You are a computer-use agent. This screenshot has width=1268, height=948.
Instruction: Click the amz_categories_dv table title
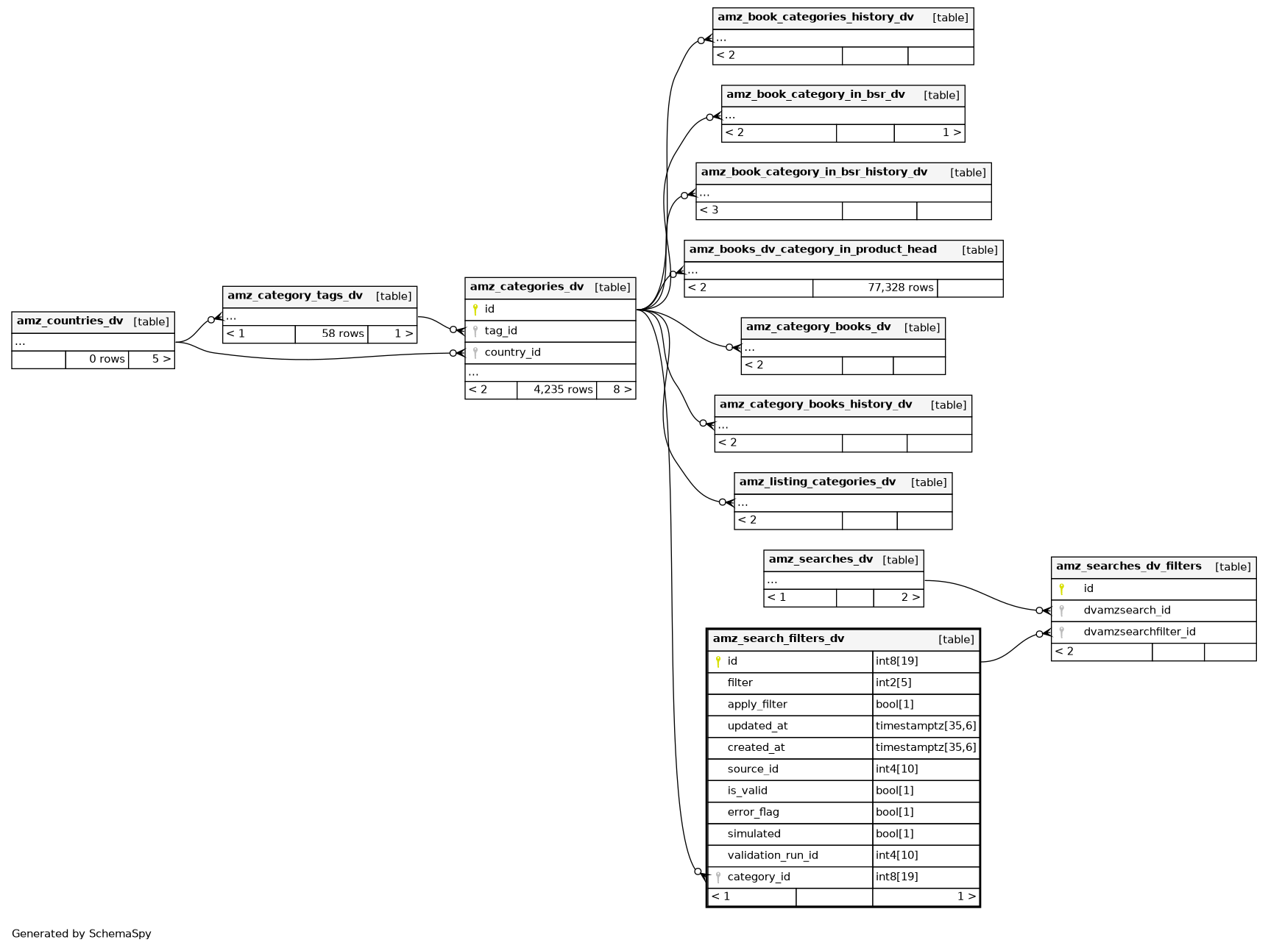[527, 287]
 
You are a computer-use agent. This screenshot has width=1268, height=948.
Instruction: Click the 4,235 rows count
[563, 390]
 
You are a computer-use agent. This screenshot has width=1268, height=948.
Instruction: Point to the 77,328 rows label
[900, 288]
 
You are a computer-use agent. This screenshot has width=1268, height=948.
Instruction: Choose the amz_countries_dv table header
[70, 321]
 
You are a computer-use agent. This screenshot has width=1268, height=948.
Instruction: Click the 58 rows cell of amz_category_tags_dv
[342, 334]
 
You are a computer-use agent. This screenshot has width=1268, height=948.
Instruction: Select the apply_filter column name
[757, 705]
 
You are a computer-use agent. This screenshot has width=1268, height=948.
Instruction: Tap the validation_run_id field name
[773, 855]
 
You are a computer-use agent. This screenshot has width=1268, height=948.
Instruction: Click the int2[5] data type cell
[893, 683]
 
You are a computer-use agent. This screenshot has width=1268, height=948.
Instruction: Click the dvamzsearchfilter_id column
[1139, 632]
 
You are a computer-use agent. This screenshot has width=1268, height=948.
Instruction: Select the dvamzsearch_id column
[1127, 610]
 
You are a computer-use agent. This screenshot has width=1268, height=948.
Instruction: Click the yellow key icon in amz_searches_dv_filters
[1061, 589]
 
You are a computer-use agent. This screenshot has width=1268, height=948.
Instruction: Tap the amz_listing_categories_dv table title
[818, 482]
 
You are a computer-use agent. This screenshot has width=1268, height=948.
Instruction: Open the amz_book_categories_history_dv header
[815, 18]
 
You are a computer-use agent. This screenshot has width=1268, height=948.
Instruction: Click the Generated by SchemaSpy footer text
[82, 934]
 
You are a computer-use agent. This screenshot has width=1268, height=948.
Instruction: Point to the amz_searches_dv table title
[821, 560]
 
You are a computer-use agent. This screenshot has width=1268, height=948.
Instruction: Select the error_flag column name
[753, 812]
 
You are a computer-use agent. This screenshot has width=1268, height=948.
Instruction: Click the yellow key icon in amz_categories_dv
[475, 310]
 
